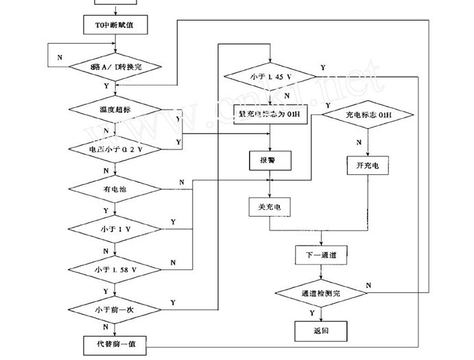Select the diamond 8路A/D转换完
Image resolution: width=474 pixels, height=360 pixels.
[115, 67]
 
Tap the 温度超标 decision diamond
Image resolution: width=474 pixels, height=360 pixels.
[115, 109]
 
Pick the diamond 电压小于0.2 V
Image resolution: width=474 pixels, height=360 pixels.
[115, 149]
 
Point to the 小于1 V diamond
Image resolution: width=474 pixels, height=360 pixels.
[115, 227]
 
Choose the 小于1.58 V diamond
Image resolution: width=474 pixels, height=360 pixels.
[115, 268]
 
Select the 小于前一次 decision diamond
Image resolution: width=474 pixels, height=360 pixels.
[115, 309]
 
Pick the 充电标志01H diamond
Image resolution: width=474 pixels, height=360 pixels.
[368, 115]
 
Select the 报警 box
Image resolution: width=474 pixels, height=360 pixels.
[272, 160]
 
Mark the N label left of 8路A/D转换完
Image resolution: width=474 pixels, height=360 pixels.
[60, 57]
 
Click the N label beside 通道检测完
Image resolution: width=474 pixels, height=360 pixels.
[369, 285]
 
